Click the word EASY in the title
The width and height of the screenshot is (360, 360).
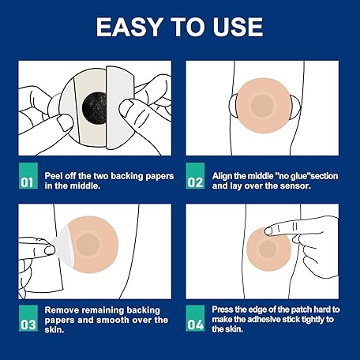click(129, 27)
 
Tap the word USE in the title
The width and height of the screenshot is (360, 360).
click(238, 27)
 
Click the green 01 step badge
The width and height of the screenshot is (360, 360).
click(28, 175)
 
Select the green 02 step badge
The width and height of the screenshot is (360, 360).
click(195, 175)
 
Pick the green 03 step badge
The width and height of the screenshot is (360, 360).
click(28, 318)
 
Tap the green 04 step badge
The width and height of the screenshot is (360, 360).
click(195, 318)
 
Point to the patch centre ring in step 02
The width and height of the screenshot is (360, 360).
click(261, 106)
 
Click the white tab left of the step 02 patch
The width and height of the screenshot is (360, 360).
click(234, 107)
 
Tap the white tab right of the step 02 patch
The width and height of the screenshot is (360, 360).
click(295, 107)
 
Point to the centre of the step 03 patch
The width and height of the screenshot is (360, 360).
click(88, 244)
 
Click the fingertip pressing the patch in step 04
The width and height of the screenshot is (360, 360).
click(269, 231)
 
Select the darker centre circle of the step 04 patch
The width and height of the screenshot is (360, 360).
click(267, 249)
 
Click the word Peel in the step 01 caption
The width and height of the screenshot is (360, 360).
click(54, 176)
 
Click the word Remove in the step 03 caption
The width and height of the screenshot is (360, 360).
click(62, 310)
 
